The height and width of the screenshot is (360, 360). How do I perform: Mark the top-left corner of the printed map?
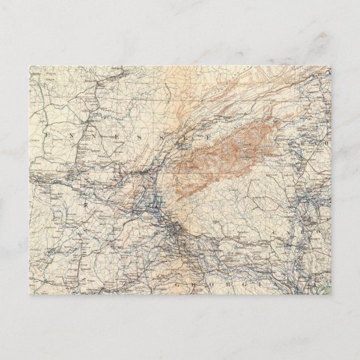pos(29,66)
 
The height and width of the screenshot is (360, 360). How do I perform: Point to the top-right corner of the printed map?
pos(331,66)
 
